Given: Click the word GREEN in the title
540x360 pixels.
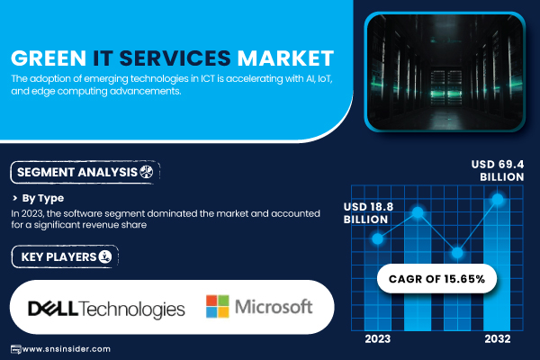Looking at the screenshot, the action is (x=49, y=58).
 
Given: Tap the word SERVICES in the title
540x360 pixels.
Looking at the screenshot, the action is (x=175, y=58).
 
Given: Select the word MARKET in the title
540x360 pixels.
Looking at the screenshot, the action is (x=285, y=58).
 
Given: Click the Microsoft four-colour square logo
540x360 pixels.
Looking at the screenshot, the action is (x=217, y=306).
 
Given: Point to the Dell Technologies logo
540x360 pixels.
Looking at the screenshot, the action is (x=106, y=309).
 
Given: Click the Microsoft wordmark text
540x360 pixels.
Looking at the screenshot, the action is (x=274, y=306).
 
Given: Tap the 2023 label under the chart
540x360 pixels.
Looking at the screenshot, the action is (x=378, y=339).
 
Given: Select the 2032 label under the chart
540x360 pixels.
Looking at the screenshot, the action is (x=498, y=339).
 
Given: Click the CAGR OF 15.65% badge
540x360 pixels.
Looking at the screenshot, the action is (x=436, y=279).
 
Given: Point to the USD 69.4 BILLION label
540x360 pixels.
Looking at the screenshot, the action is (x=498, y=170).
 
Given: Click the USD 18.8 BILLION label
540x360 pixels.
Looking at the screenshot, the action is (x=368, y=213).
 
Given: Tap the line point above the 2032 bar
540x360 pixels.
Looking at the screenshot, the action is (x=498, y=199).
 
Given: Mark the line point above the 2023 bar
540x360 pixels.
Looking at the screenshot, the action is (x=378, y=238).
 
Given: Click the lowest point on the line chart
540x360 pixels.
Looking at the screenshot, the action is (x=457, y=253).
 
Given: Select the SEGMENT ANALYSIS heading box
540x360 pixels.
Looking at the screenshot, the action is (x=85, y=172).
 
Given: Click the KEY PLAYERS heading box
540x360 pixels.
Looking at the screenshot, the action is (x=65, y=256).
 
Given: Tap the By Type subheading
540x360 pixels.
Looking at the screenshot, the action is (x=42, y=198).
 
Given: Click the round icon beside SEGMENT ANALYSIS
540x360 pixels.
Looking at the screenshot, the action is (x=147, y=172).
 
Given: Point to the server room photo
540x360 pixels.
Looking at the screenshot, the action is (x=445, y=72).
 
